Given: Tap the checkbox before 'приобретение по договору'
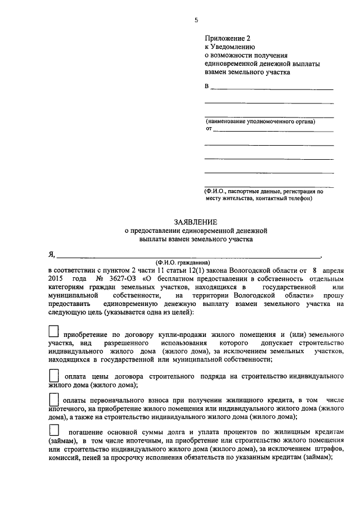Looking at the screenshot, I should [x=53, y=331].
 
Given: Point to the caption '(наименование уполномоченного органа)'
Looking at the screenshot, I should [x=260, y=121].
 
